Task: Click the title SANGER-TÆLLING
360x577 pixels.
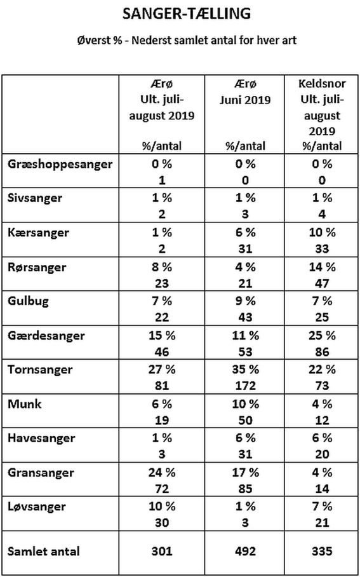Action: tap(187, 15)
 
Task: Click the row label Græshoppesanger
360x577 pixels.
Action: tap(60, 165)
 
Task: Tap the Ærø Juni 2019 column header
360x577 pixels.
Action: tap(245, 92)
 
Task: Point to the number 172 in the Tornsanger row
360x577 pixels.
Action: tap(245, 386)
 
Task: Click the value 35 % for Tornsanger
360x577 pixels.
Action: tap(245, 370)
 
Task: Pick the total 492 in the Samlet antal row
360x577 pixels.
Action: tap(245, 551)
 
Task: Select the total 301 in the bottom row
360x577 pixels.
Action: tap(162, 551)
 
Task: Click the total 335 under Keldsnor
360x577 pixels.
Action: tap(322, 551)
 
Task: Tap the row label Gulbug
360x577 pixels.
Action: tap(29, 302)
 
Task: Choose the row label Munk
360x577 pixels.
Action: tap(25, 404)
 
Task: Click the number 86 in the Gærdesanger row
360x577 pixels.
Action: tap(322, 351)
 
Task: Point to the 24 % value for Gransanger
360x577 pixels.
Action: tap(162, 472)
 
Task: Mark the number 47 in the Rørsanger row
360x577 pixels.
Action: tap(322, 283)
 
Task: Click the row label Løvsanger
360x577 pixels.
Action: tap(37, 507)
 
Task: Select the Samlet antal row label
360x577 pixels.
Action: tap(43, 551)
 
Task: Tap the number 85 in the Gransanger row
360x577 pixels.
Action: tap(245, 488)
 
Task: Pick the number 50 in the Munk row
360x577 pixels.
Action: tap(245, 420)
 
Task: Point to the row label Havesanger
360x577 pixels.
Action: tap(41, 438)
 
